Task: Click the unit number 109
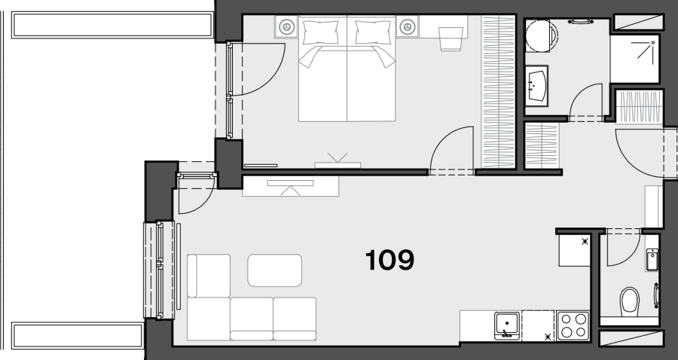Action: [x=389, y=260]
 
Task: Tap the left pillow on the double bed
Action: [x=320, y=32]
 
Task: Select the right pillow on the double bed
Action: [x=374, y=32]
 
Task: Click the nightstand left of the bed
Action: [x=286, y=27]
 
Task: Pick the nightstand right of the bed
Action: [x=407, y=27]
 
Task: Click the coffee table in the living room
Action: [x=274, y=270]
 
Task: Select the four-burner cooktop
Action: [x=573, y=325]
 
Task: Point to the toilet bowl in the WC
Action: [x=630, y=302]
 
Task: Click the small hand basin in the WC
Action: [x=652, y=259]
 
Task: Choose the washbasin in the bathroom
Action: [x=536, y=86]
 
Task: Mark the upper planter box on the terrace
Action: [x=112, y=25]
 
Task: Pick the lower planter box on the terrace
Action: [x=78, y=335]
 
